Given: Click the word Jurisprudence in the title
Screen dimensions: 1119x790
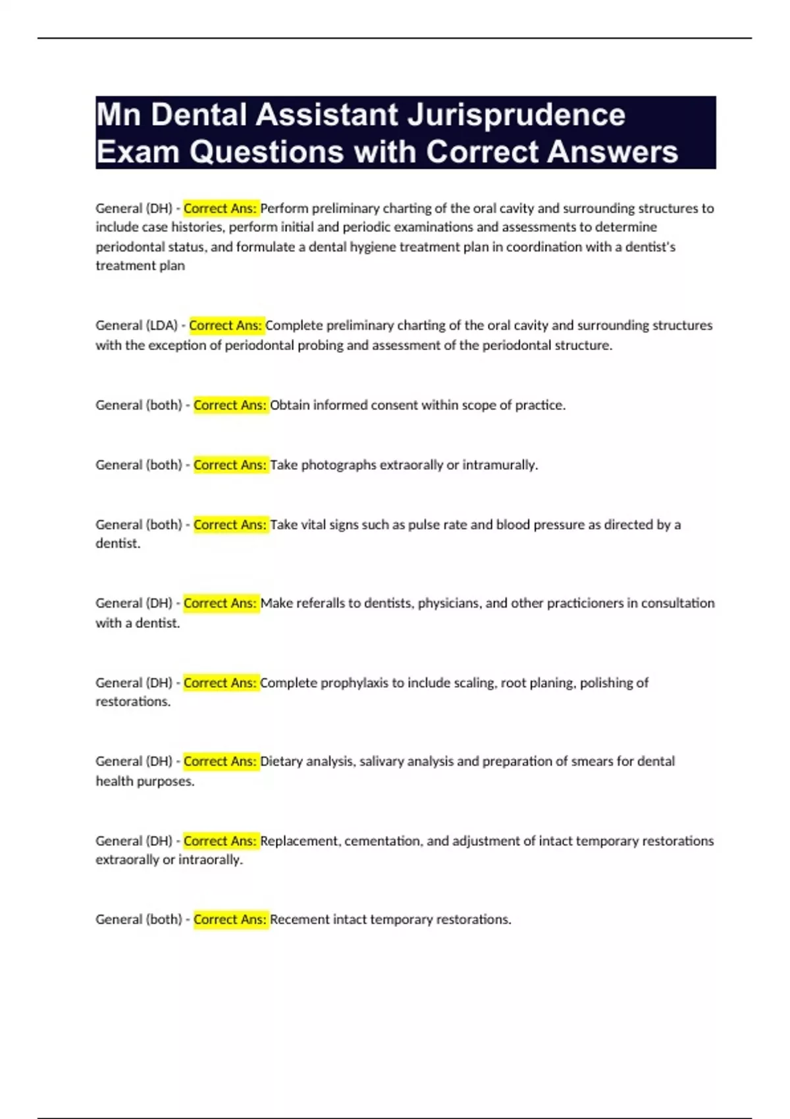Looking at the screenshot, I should pos(516,116).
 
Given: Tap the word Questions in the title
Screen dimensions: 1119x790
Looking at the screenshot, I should pos(267,152).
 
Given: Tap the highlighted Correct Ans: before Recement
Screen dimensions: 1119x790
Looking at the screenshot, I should pos(230,919).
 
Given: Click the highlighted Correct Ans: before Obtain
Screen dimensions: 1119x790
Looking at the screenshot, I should pos(230,405).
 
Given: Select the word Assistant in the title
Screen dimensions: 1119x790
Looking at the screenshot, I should pos(327,116).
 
